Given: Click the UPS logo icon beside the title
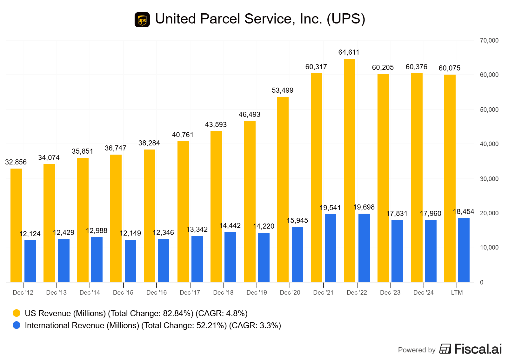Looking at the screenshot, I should (142, 20).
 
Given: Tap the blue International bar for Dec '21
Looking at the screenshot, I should (330, 248).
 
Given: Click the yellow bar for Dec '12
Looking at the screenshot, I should (16, 225).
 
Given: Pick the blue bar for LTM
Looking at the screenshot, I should (464, 250).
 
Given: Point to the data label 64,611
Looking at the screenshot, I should (349, 52).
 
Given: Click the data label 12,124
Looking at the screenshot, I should (30, 234).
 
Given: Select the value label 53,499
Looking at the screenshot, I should (282, 90).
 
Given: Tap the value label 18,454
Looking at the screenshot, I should (463, 212).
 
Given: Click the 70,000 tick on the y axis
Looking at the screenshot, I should (489, 41).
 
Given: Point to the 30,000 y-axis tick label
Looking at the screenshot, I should (489, 179).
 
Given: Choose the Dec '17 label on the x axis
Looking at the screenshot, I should (190, 293).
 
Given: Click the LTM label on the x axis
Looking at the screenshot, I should (457, 293).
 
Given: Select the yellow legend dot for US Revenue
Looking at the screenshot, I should (17, 313).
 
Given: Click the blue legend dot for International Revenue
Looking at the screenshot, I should (17, 325).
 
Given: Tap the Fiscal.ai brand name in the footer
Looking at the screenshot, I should (478, 349).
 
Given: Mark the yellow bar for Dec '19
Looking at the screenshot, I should (250, 201).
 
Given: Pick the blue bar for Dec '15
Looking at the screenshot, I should (130, 261).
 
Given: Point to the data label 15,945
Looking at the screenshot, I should (297, 221).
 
